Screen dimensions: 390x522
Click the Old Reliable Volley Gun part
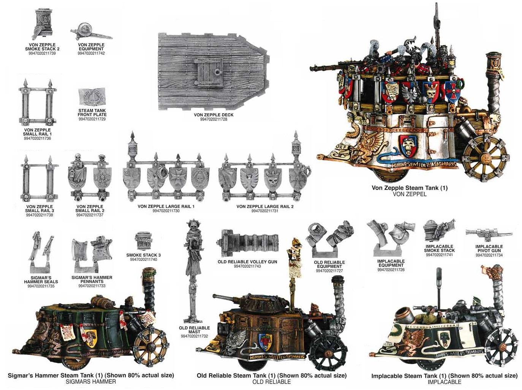click(x=247, y=242)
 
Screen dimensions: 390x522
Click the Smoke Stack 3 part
click(x=143, y=240)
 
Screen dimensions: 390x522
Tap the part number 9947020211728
click(x=214, y=119)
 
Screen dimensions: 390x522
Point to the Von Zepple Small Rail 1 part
click(x=37, y=103)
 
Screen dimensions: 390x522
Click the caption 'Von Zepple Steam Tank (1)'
click(x=410, y=188)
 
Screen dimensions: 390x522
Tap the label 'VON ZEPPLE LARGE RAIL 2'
click(x=265, y=207)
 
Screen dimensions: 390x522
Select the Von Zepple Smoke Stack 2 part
click(x=43, y=23)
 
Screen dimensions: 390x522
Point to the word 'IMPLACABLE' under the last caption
click(x=444, y=382)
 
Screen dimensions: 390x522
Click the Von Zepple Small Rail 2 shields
click(x=90, y=178)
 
